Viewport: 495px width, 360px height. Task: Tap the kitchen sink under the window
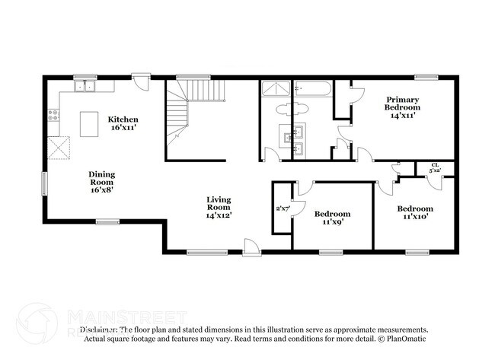[x=85, y=87]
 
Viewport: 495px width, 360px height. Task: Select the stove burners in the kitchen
[x=53, y=116]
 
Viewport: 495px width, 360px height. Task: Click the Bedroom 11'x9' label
[x=332, y=218]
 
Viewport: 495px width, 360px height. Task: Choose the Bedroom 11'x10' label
[x=415, y=213]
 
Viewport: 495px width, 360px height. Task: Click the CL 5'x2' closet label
[x=435, y=168]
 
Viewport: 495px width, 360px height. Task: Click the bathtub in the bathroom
[x=313, y=88]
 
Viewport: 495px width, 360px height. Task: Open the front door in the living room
[x=251, y=247]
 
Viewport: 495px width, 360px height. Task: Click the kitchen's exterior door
[x=140, y=81]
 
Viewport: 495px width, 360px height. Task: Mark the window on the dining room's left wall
[x=44, y=183]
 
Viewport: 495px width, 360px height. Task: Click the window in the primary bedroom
[x=426, y=76]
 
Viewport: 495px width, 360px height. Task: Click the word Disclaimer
[x=97, y=329]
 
